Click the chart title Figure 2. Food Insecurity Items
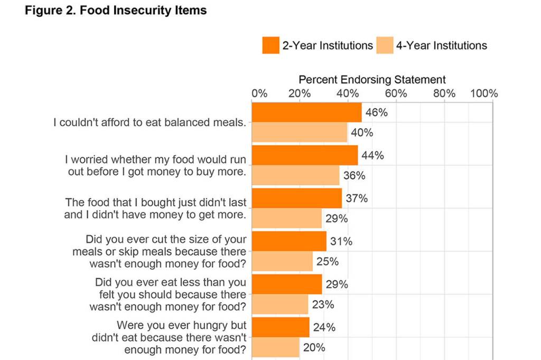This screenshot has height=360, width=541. click(116, 11)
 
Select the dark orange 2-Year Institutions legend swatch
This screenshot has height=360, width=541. click(270, 45)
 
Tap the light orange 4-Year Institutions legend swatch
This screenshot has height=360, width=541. click(385, 45)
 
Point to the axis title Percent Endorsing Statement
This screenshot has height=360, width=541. click(372, 80)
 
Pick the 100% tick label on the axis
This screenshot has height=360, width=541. click(484, 93)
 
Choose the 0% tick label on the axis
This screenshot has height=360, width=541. click(259, 93)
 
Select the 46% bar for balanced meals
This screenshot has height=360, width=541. click(306, 112)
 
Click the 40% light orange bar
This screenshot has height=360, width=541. click(300, 132)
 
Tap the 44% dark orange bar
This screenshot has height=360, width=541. click(304, 155)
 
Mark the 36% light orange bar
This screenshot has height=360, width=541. click(295, 175)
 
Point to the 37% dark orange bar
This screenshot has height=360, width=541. click(296, 198)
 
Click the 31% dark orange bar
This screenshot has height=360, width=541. click(289, 241)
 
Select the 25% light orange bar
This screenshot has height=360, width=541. click(282, 261)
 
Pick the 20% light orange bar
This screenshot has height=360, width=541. click(276, 347)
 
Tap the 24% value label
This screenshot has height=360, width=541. click(324, 327)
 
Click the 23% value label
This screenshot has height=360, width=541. click(323, 305)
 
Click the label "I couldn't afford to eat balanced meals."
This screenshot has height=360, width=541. click(150, 122)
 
